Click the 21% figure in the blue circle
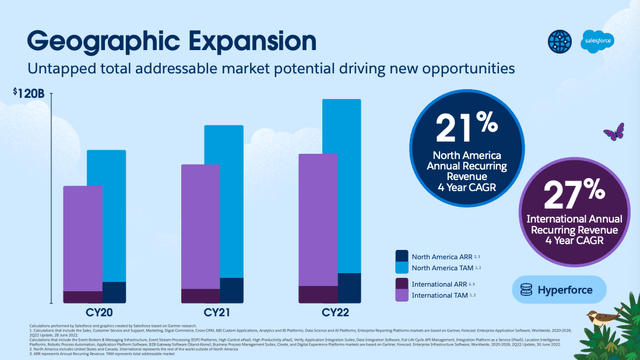coord(464,128)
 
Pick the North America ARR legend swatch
coord(402,256)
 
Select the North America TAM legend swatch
coord(402,269)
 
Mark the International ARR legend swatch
coord(402,285)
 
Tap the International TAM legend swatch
coord(402,297)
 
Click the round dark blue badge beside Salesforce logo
coord(559,39)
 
